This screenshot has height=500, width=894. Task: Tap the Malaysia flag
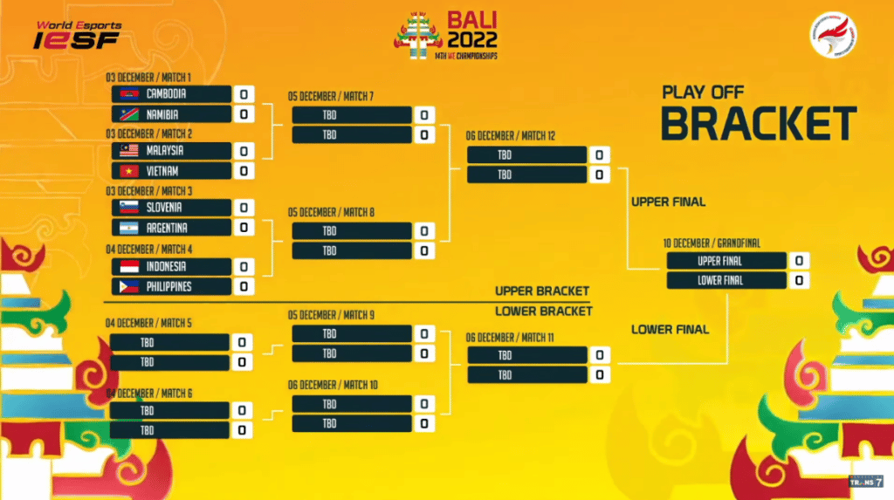(128, 151)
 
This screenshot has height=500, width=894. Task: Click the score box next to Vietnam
(243, 171)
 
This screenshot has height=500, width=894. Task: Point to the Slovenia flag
(128, 208)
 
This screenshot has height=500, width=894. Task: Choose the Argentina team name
(167, 228)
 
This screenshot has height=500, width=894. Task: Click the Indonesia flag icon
(128, 266)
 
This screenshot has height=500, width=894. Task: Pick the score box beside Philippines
(243, 286)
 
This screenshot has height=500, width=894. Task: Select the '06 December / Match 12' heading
(511, 135)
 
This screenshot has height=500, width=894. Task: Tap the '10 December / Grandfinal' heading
(708, 242)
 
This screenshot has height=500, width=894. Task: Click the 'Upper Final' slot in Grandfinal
(719, 261)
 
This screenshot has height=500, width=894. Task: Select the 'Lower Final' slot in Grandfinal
(719, 281)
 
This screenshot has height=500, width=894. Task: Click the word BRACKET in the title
(758, 124)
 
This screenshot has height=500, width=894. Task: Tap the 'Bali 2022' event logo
(448, 36)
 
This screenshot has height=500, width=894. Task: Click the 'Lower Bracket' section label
(543, 311)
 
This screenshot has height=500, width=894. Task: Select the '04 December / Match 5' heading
(149, 323)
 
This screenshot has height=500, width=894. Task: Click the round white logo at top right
(831, 38)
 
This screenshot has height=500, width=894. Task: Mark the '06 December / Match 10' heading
(333, 385)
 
